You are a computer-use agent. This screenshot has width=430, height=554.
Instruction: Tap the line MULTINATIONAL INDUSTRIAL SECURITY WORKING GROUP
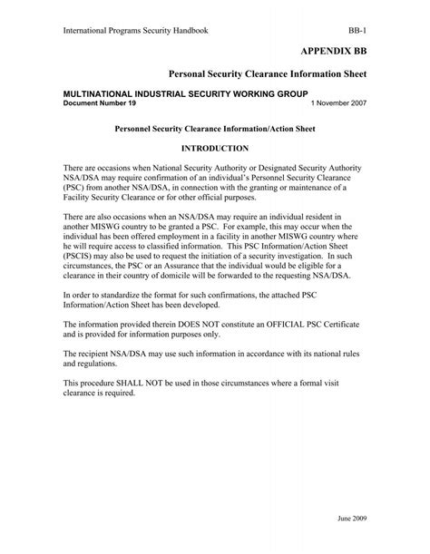[x=185, y=94]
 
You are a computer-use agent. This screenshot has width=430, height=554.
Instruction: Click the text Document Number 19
[x=99, y=103]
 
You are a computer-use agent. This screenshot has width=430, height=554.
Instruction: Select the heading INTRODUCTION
[x=215, y=147]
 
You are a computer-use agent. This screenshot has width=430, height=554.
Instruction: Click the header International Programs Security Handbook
[x=135, y=29]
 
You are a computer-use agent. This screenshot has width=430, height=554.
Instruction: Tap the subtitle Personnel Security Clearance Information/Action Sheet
[x=214, y=128]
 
